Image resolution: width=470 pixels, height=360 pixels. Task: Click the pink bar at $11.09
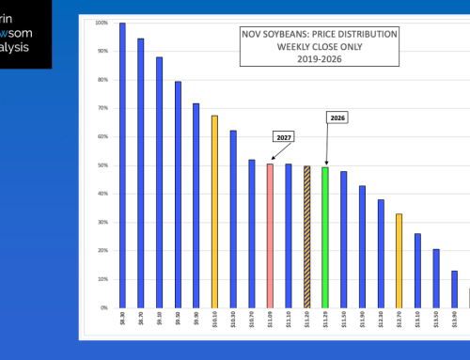(x=270, y=235)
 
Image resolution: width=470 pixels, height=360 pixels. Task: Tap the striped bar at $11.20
(x=306, y=236)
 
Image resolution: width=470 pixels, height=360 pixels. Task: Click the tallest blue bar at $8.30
(x=122, y=164)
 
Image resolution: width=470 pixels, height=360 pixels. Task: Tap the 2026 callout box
(x=337, y=117)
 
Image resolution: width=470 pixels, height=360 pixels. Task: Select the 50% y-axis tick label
(x=103, y=165)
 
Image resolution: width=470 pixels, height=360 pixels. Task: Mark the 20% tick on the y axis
(x=103, y=251)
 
